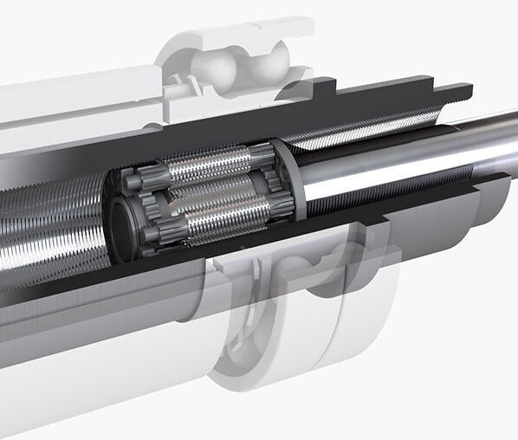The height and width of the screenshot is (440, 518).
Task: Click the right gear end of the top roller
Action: point(260,155)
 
